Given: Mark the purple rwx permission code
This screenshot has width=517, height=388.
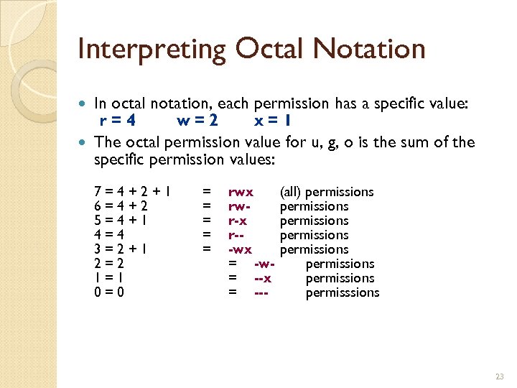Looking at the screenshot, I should click(241, 192).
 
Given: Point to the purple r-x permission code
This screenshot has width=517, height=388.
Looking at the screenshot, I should click(238, 221).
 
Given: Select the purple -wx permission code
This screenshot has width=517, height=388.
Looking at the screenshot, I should click(240, 249).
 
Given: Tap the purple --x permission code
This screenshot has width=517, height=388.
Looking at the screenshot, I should click(263, 278).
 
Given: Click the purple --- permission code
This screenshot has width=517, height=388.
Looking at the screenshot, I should click(261, 292).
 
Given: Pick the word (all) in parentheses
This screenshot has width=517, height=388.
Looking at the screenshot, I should click(291, 192).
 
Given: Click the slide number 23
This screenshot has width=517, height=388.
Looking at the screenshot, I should click(499, 377).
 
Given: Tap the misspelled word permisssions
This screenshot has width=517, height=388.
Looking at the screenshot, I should click(343, 292).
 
